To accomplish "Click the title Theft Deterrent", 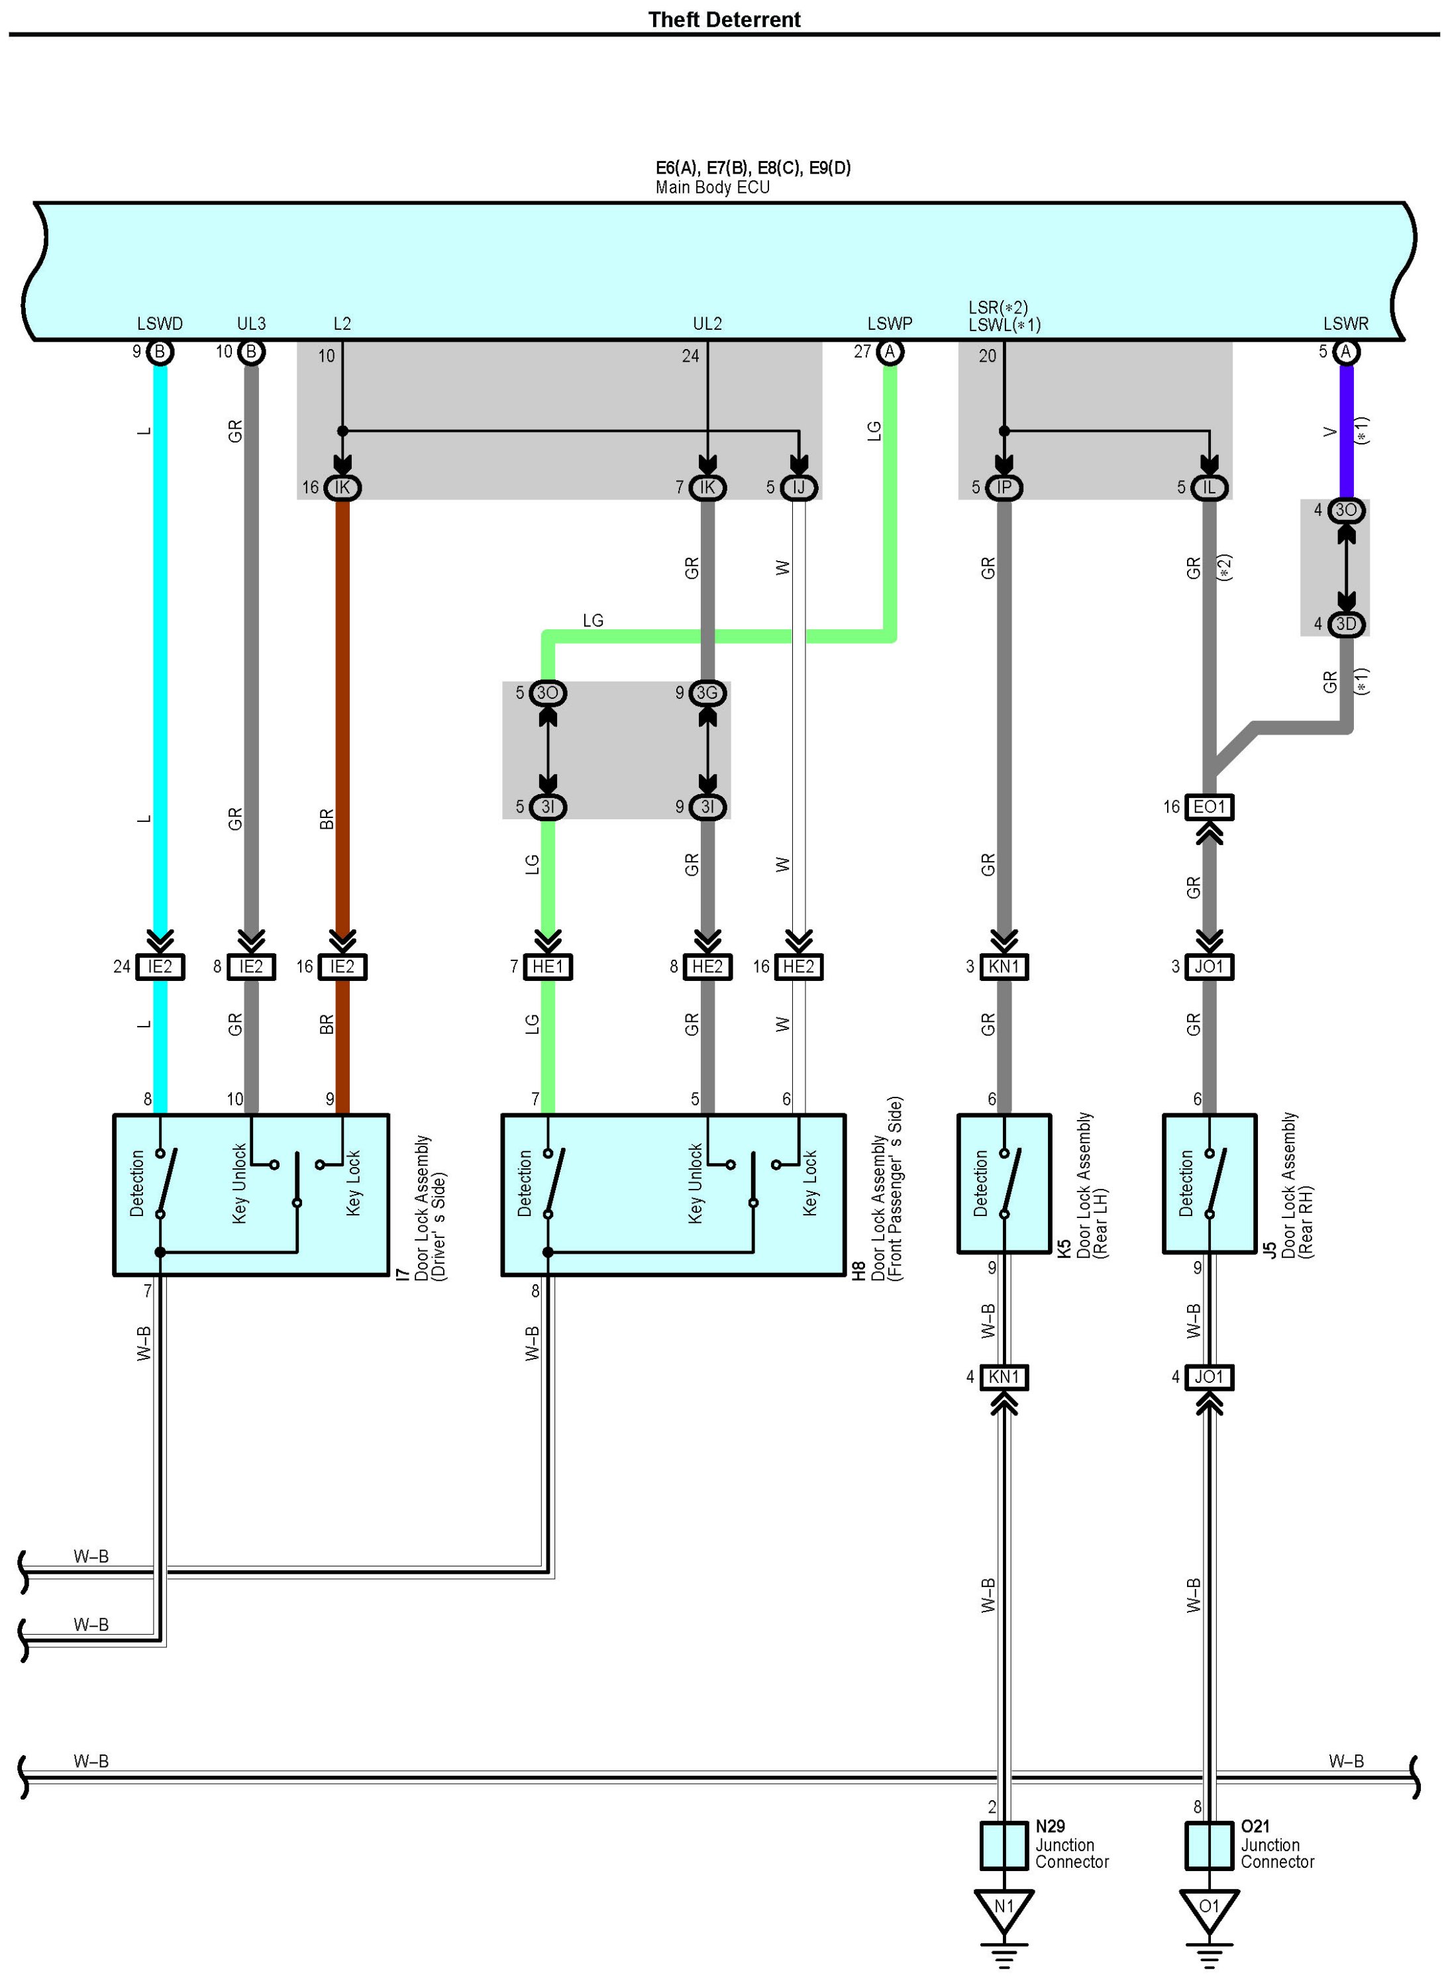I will point(724,19).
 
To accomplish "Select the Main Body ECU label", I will point(713,187).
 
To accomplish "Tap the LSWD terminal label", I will point(160,323).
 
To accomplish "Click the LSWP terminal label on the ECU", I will point(890,323).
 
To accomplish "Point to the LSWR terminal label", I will point(1345,323).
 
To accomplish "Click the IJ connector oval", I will point(798,487).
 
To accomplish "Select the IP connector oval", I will point(1004,487).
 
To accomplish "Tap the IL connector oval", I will point(1210,487).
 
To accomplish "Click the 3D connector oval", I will point(1346,624).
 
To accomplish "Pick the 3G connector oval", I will point(707,693).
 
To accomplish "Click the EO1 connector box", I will point(1210,807).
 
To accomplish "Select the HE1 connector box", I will point(548,966).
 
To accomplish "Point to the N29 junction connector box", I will point(1004,1845).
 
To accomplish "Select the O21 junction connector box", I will point(1210,1845).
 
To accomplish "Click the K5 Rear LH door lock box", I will point(1004,1184).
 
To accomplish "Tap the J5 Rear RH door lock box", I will point(1210,1184).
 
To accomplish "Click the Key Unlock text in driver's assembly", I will point(239,1184).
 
